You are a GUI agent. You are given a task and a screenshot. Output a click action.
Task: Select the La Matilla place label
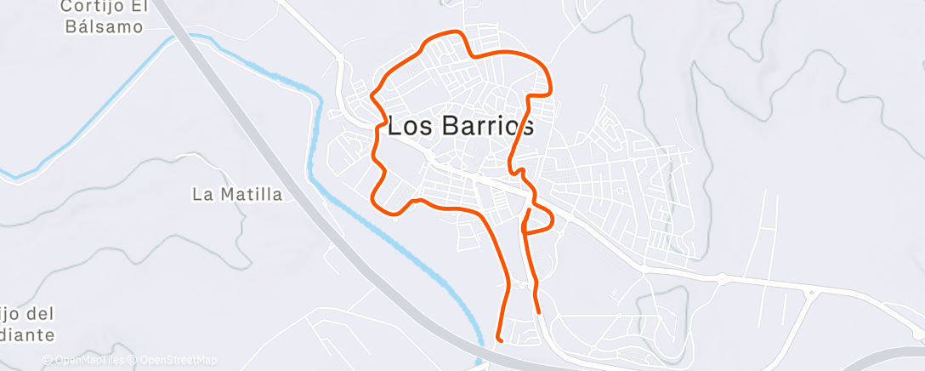tap(237, 195)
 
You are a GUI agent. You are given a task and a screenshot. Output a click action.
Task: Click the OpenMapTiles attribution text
tap(88, 361)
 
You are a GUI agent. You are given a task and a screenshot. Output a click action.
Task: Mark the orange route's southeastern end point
tap(538, 311)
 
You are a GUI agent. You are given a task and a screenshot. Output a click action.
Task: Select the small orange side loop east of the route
tap(542, 220)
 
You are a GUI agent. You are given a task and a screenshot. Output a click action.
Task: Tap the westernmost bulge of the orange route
tap(372, 96)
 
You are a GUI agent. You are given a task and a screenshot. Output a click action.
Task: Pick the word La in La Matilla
tap(202, 195)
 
